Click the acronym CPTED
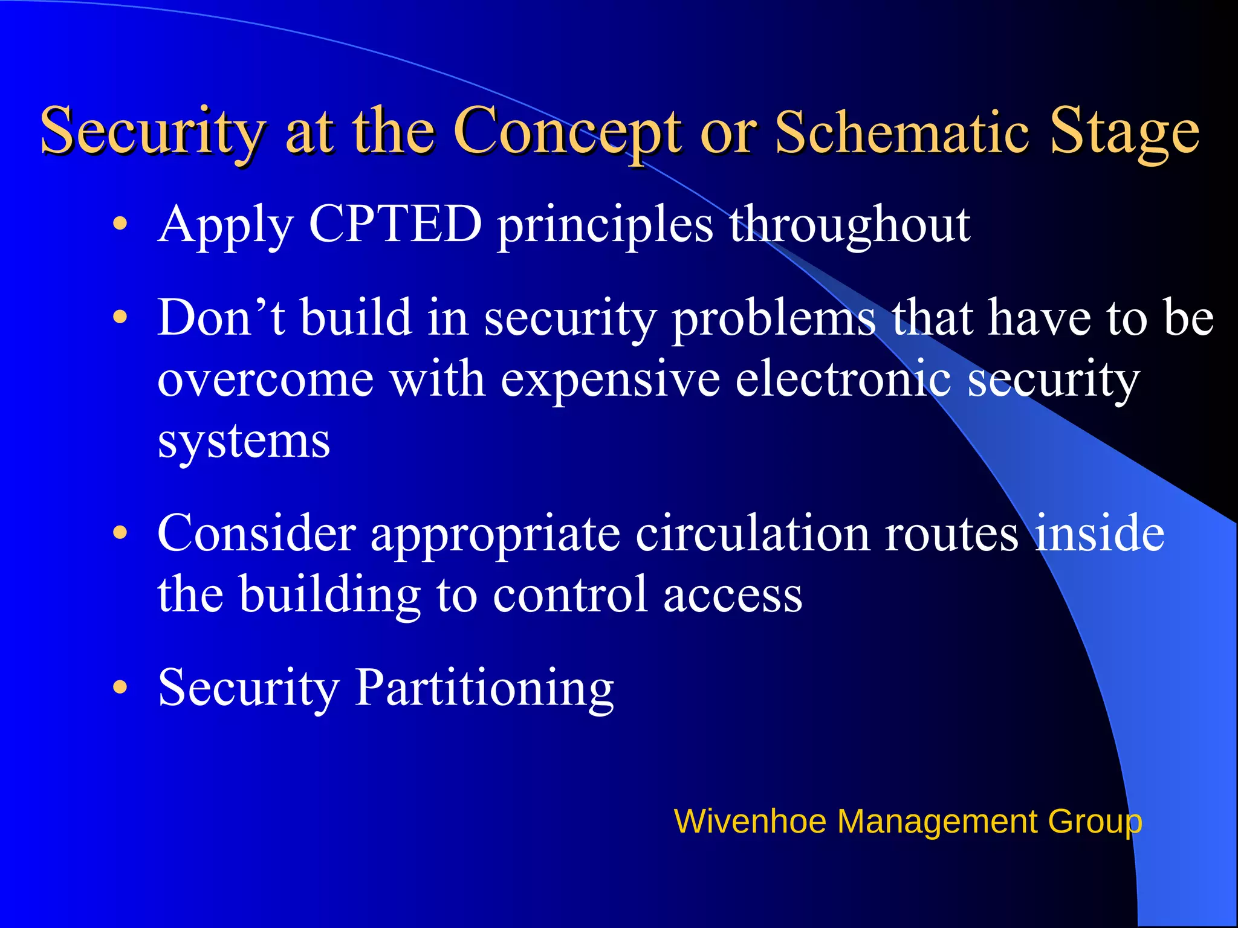coord(395,224)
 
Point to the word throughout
coord(849,224)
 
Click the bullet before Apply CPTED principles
coord(120,224)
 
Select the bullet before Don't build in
coord(120,317)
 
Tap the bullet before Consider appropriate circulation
coord(120,533)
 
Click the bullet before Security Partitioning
coord(120,687)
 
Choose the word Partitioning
coord(484,688)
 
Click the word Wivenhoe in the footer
coord(750,822)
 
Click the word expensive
coord(611,381)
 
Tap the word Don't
coord(221,317)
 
